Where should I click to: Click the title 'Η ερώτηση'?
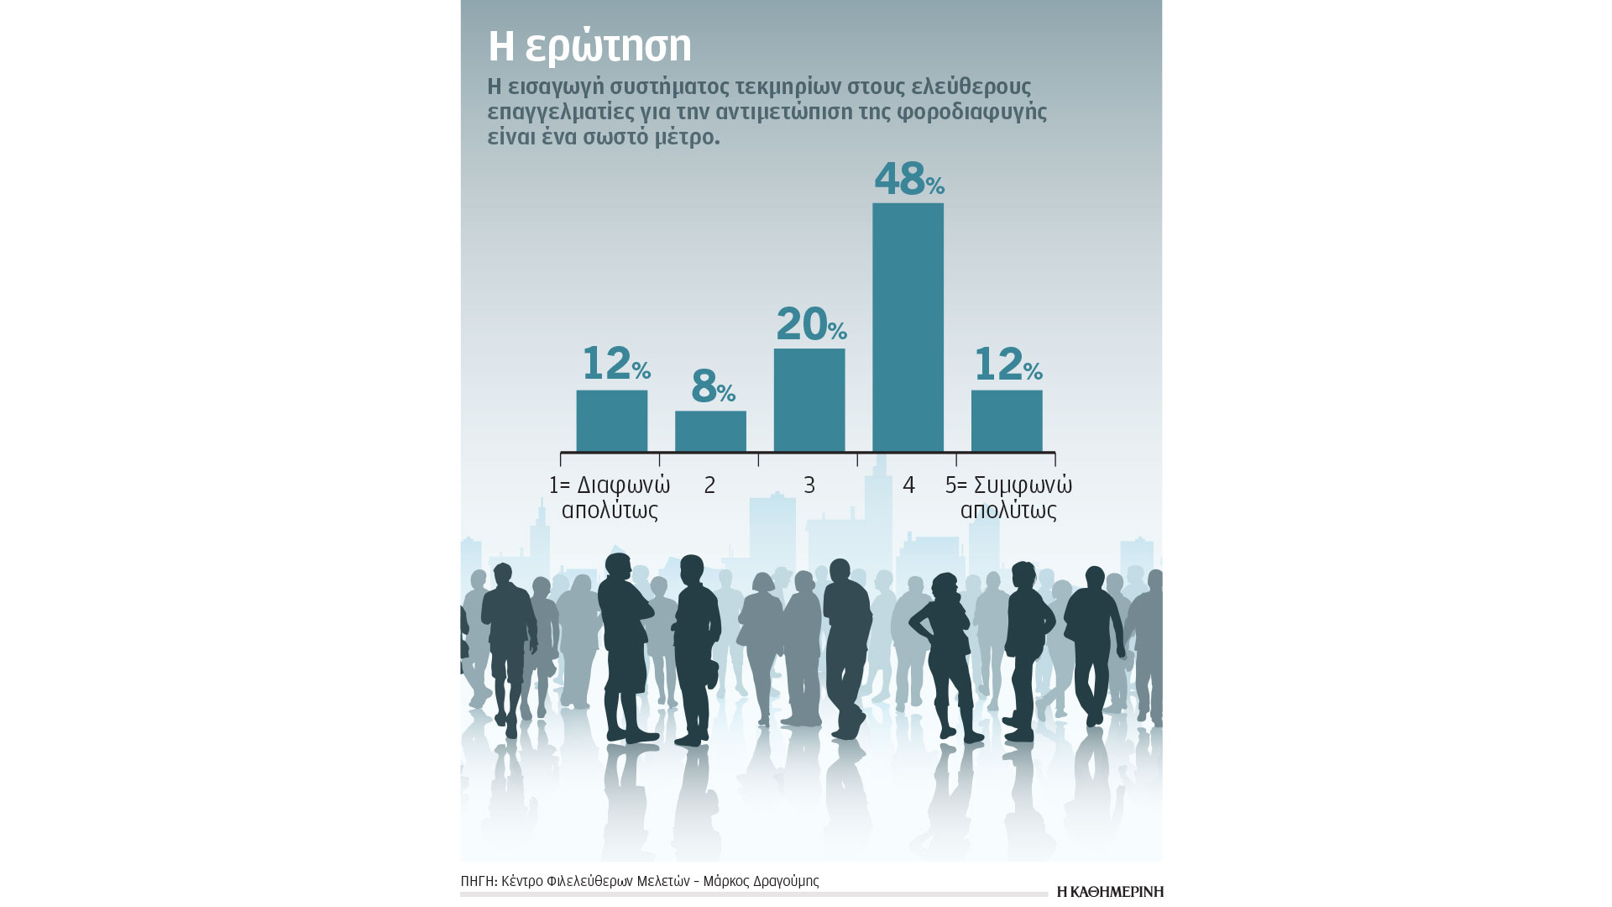pyautogui.click(x=589, y=47)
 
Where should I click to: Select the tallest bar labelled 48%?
pyautogui.click(x=908, y=328)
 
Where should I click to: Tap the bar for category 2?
pyautogui.click(x=710, y=432)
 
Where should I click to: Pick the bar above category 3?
pyautogui.click(x=809, y=401)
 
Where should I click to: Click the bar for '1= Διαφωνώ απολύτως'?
pyautogui.click(x=611, y=422)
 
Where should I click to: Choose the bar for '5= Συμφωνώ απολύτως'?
pyautogui.click(x=1007, y=422)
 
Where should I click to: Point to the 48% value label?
pyautogui.click(x=908, y=179)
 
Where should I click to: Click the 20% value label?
pyautogui.click(x=810, y=324)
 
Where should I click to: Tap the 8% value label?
pyautogui.click(x=712, y=386)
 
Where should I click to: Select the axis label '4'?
pyautogui.click(x=908, y=485)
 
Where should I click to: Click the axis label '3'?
pyautogui.click(x=809, y=485)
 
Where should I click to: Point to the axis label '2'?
pyautogui.click(x=710, y=485)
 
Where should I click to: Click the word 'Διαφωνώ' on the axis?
pyautogui.click(x=623, y=485)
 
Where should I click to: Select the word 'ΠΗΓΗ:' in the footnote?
pyautogui.click(x=479, y=881)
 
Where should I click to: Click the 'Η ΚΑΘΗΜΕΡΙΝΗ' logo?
pyautogui.click(x=1110, y=892)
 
